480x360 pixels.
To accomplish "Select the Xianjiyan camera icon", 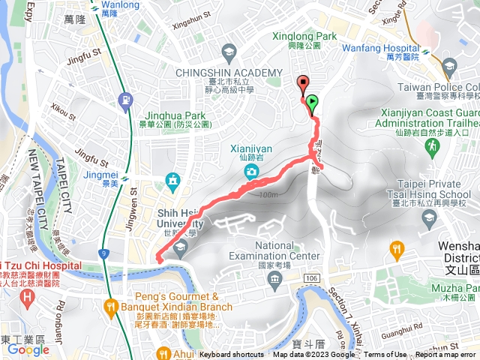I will point(253,171).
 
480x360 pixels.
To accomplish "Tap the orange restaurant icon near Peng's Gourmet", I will point(110,305).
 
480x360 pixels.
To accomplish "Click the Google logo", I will point(28,349).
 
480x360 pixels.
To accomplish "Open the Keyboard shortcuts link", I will point(232,355).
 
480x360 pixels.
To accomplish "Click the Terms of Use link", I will point(385,355).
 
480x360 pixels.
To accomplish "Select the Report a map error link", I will point(446,355).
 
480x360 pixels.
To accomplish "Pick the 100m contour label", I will point(266,195).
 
